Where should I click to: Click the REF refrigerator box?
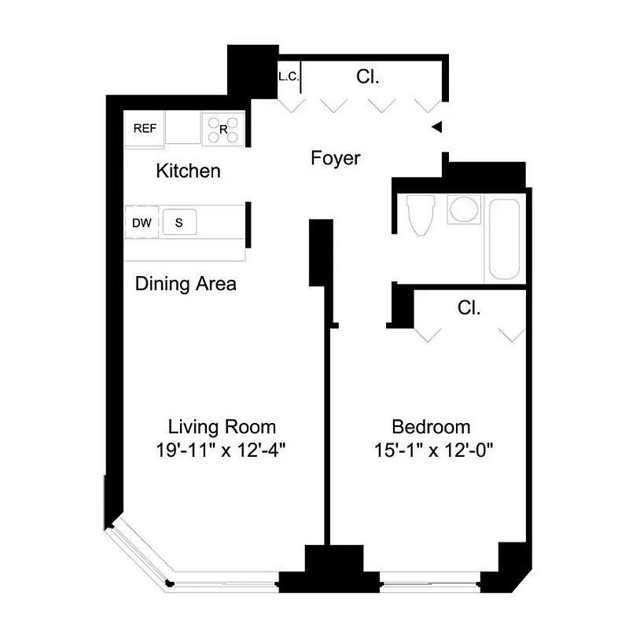pyautogui.click(x=144, y=130)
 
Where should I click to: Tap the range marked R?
pyautogui.click(x=223, y=130)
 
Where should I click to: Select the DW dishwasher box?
pyautogui.click(x=142, y=223)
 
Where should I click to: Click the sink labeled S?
pyautogui.click(x=178, y=223)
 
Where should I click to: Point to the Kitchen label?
pyautogui.click(x=188, y=171)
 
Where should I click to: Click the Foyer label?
pyautogui.click(x=335, y=159)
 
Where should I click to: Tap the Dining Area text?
pyautogui.click(x=186, y=284)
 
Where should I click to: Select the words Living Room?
pyautogui.click(x=222, y=427)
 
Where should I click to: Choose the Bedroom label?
pyautogui.click(x=431, y=427)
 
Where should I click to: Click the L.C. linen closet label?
pyautogui.click(x=288, y=77)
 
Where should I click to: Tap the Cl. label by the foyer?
pyautogui.click(x=368, y=77)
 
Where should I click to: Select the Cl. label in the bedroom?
pyautogui.click(x=469, y=307)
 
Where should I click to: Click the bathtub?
pyautogui.click(x=504, y=239)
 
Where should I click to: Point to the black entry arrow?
pyautogui.click(x=438, y=127)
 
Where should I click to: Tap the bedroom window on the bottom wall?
pyautogui.click(x=430, y=585)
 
